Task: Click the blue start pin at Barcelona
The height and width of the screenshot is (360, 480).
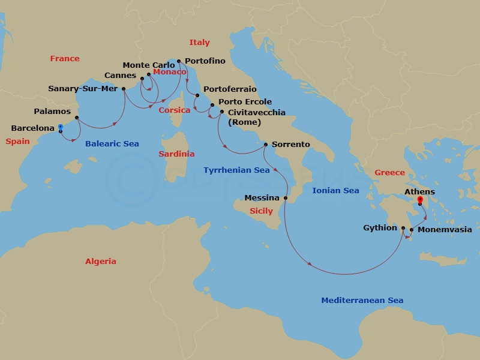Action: [61, 128]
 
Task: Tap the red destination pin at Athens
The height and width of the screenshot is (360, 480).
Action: [420, 201]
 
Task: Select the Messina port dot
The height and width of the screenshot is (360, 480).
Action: [286, 198]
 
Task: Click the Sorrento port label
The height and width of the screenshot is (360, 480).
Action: [290, 145]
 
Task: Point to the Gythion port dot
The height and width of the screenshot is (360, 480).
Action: [403, 228]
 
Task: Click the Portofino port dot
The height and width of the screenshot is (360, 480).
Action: [179, 61]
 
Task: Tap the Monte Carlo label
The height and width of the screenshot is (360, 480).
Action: [149, 65]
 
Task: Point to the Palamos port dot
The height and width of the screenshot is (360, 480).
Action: [77, 118]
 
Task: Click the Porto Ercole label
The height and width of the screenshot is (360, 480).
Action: [245, 102]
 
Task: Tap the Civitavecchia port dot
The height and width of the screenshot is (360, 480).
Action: [222, 112]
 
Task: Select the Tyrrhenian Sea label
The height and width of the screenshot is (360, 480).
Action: [236, 170]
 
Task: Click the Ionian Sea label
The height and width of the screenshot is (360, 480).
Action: [335, 191]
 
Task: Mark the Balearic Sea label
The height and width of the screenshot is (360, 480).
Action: [112, 144]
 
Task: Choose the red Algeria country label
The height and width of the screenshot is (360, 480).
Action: [101, 262]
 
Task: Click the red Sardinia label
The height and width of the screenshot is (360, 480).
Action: [176, 154]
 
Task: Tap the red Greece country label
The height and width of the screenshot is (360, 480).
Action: [390, 173]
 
